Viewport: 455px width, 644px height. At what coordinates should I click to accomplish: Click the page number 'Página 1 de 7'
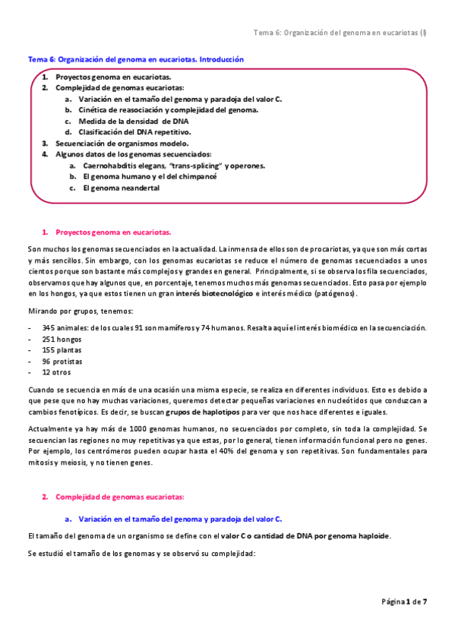point(404,601)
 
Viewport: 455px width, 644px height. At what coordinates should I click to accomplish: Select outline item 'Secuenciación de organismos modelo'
point(122,143)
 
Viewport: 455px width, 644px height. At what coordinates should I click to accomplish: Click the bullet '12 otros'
point(57,373)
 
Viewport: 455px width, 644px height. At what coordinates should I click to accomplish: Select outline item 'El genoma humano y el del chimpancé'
point(150,176)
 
